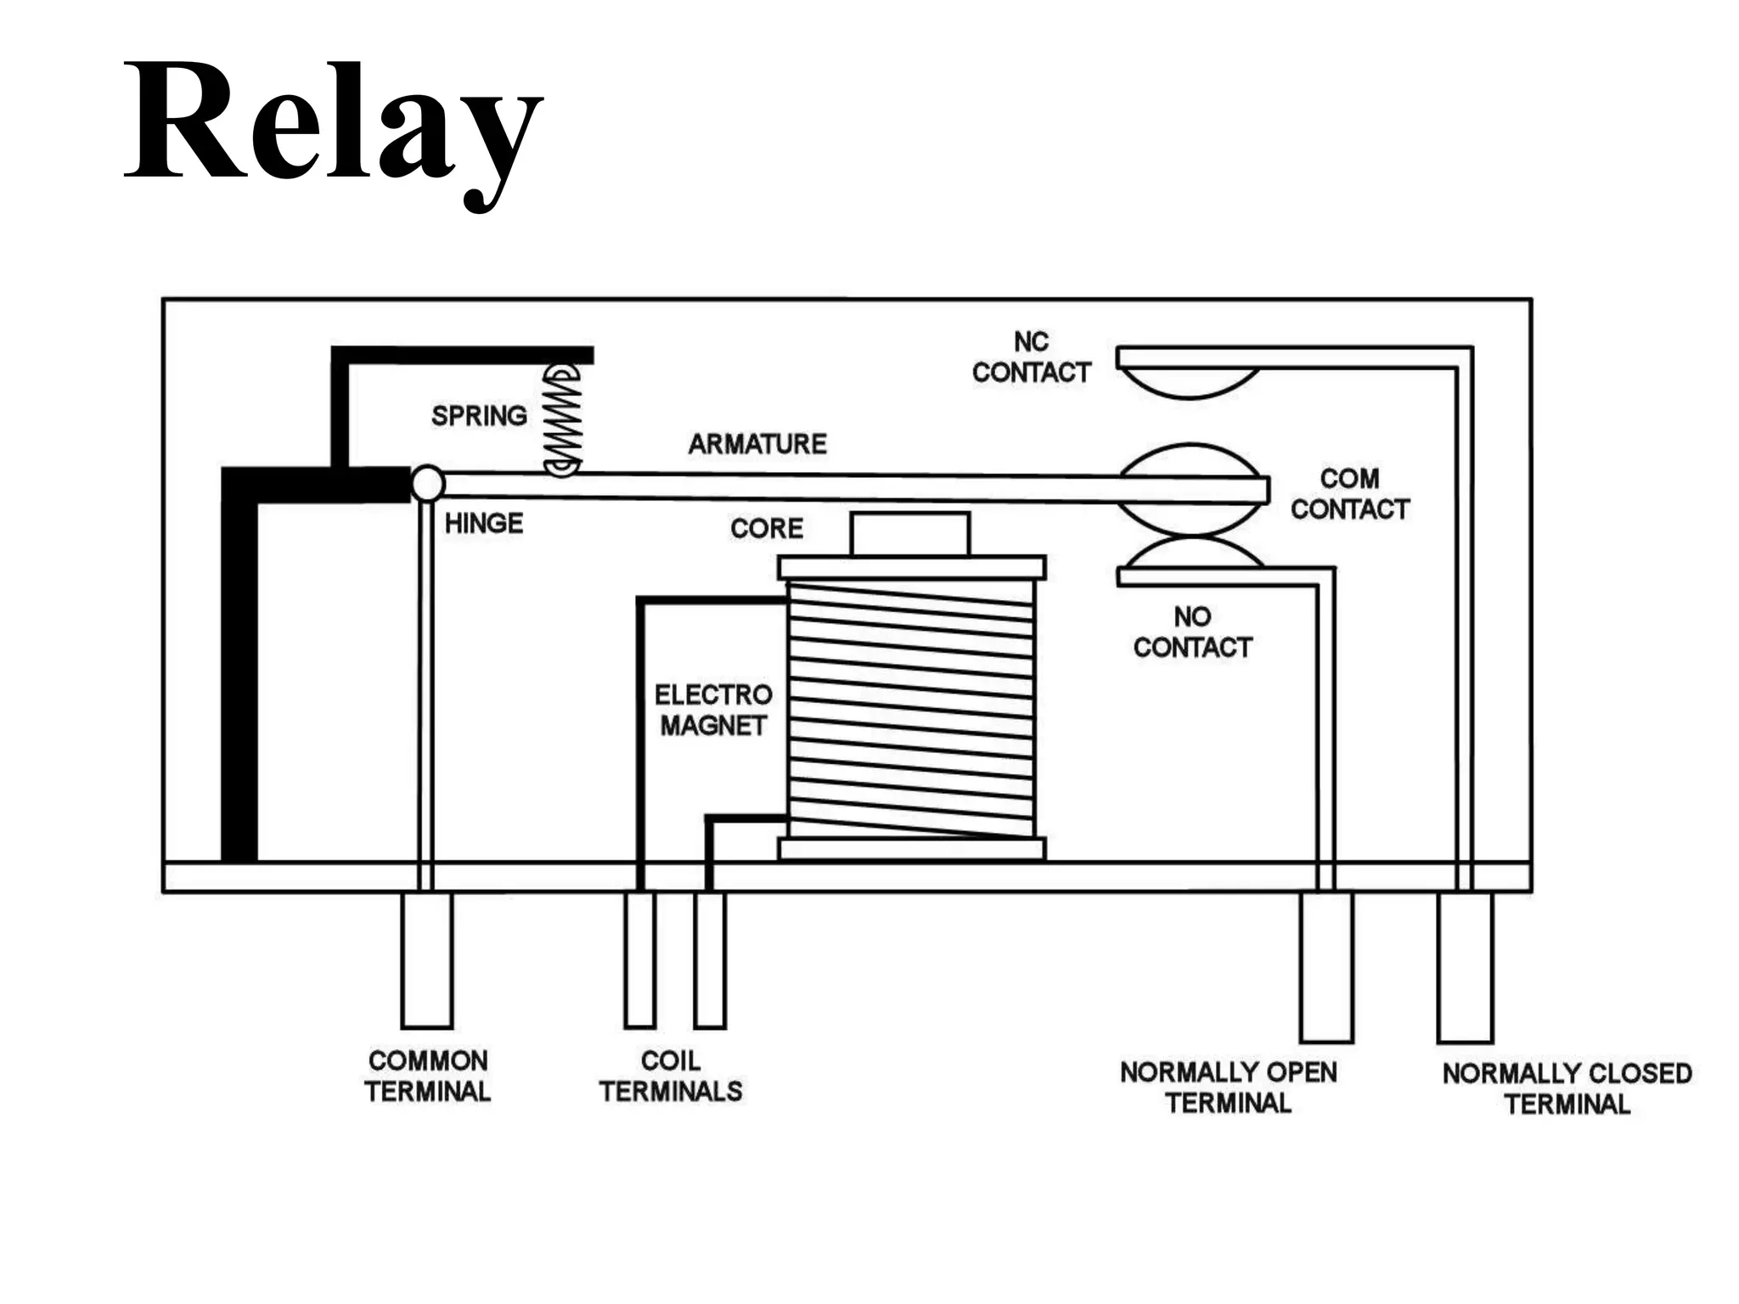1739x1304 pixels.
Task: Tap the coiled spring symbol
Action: [x=562, y=420]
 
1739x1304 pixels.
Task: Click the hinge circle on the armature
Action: [x=428, y=483]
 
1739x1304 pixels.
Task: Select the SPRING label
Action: [x=479, y=416]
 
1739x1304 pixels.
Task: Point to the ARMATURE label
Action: [x=757, y=444]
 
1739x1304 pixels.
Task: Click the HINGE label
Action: [x=484, y=523]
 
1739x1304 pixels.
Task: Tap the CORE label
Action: [x=767, y=528]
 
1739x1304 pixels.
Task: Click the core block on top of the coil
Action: [x=910, y=534]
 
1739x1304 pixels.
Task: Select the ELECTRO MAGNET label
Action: [x=713, y=711]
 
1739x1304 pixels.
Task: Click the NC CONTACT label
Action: [x=1031, y=357]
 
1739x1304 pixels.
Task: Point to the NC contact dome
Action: [x=1189, y=382]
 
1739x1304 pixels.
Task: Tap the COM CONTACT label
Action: [x=1350, y=493]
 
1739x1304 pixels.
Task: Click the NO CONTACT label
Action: [x=1192, y=632]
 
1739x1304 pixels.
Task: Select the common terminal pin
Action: [x=427, y=959]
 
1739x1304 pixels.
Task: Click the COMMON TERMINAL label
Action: [x=428, y=1076]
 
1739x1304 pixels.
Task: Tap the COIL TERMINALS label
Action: [x=671, y=1076]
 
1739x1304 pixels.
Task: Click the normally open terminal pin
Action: [x=1326, y=966]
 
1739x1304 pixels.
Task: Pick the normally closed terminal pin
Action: [x=1465, y=966]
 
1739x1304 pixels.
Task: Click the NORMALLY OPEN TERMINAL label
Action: [x=1229, y=1088]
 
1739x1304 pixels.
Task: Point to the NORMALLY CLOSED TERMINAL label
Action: [x=1567, y=1088]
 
